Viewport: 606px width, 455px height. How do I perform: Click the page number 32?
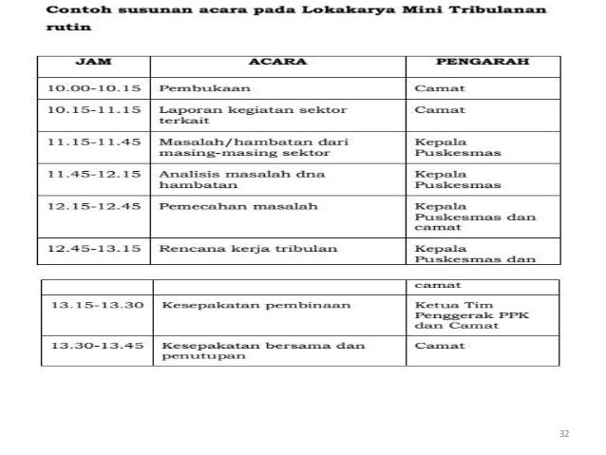point(564,433)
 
